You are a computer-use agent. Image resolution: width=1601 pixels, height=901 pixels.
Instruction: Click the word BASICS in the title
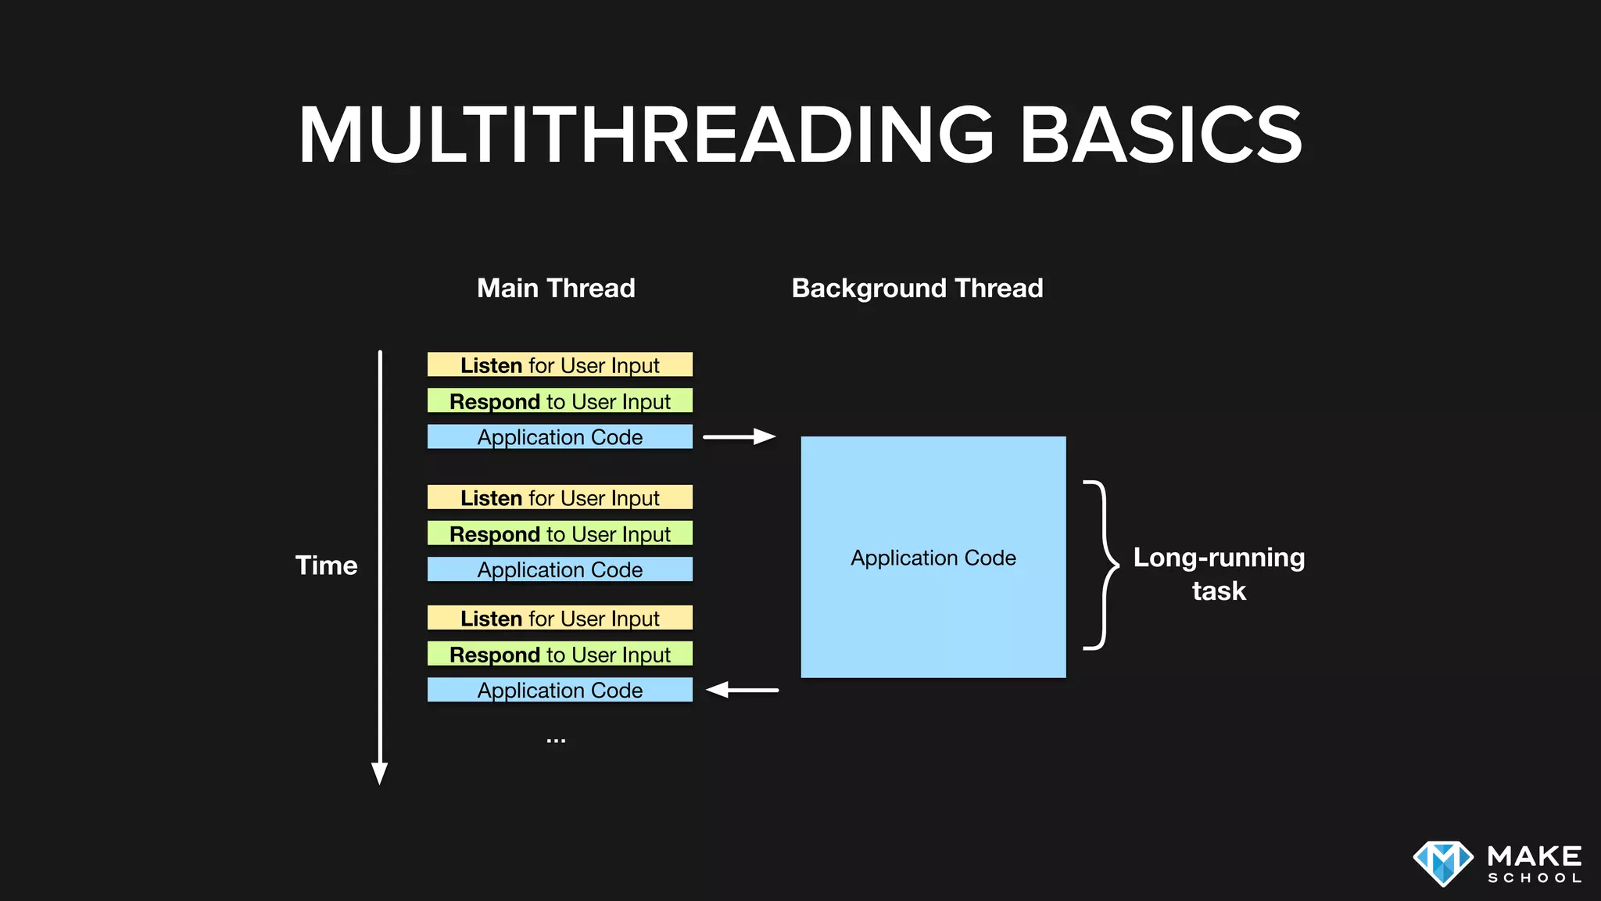coord(1161,135)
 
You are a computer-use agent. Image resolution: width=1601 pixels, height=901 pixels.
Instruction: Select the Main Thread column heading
coord(556,288)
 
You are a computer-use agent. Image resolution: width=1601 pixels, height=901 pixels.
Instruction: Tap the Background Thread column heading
coord(917,288)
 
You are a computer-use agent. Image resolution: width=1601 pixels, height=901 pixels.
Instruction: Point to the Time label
coord(326,565)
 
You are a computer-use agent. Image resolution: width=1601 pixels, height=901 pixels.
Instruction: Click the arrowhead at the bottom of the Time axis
coord(380,773)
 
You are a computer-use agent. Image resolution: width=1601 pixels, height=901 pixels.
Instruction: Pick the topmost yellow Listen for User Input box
coord(560,365)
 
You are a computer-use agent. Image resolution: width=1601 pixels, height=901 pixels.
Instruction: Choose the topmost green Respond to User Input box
coord(560,401)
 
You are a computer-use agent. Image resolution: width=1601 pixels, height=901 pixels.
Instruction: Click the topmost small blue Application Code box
coord(560,437)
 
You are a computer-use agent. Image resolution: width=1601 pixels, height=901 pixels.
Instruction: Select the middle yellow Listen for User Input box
coord(560,497)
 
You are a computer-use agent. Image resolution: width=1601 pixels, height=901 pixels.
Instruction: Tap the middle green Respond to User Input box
coord(560,533)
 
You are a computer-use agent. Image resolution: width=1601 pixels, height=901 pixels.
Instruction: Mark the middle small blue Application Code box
coord(560,569)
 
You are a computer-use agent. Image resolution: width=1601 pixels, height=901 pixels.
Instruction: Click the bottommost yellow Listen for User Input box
coord(560,618)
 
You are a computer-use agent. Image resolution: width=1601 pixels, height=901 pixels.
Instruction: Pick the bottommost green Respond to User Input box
coord(560,654)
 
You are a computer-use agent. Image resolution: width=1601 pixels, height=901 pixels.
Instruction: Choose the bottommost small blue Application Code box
coord(560,690)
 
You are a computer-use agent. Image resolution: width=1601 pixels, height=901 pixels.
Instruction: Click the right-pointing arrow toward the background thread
coord(739,436)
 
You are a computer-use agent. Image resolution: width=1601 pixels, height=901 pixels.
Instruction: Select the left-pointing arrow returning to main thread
coord(742,690)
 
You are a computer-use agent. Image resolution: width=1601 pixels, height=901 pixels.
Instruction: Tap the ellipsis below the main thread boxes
coord(556,740)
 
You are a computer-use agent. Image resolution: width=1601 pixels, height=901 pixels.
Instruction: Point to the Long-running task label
coord(1219,573)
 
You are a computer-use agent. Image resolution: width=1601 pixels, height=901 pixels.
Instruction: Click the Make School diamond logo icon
coord(1442,863)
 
